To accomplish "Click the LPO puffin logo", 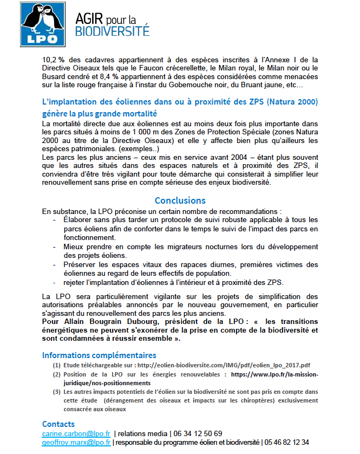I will [42, 24].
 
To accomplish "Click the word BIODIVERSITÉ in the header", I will [112, 31].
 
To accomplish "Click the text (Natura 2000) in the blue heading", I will [287, 102].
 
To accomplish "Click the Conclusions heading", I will [180, 201].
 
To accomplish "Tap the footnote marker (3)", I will [57, 391].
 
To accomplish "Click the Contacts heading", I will [58, 424].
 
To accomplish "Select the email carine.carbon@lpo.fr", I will [76, 433].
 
